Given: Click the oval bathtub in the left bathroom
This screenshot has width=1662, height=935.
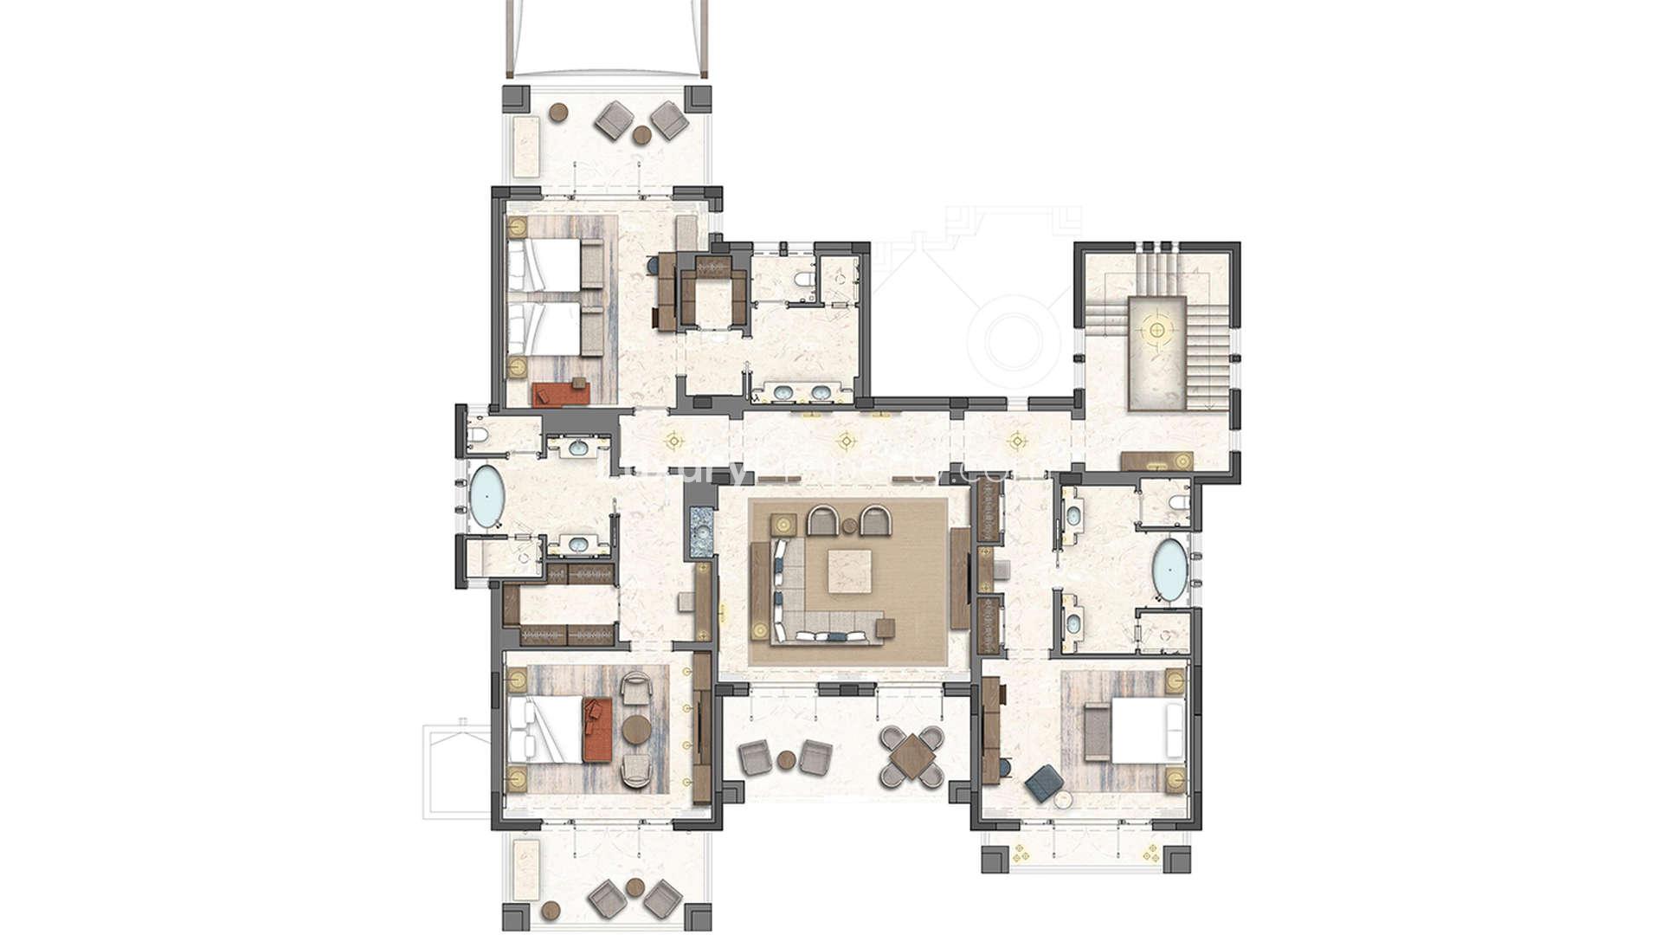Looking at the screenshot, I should click(x=486, y=497).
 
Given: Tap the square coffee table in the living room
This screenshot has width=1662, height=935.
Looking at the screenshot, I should click(x=848, y=571).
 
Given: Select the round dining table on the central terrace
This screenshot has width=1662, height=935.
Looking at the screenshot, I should click(x=912, y=758).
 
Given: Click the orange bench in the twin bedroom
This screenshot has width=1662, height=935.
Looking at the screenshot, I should click(x=561, y=394).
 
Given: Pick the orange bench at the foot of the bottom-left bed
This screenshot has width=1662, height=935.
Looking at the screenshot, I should click(x=597, y=730).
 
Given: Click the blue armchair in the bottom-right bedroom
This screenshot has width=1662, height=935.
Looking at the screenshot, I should click(x=1044, y=782).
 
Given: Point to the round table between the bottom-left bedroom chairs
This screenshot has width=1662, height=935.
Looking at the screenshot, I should click(x=636, y=730).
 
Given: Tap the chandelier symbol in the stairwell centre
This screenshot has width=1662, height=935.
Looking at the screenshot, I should click(x=1156, y=330).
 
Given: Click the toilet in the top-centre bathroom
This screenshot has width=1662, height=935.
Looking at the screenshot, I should click(x=804, y=280).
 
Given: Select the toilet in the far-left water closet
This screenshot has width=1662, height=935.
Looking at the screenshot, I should click(x=477, y=435).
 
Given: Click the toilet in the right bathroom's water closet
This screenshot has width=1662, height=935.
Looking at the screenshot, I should click(x=1178, y=503).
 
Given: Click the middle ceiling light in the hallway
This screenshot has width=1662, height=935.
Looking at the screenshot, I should click(x=846, y=441).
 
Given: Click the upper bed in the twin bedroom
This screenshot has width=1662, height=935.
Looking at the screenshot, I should click(x=545, y=265).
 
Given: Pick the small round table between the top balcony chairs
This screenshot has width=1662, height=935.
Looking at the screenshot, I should click(x=641, y=135).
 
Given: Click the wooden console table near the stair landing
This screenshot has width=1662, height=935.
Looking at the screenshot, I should click(x=1156, y=461).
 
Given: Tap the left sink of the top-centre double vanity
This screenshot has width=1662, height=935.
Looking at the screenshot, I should click(x=783, y=394).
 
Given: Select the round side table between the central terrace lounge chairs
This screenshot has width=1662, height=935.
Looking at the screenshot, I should click(x=786, y=760).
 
